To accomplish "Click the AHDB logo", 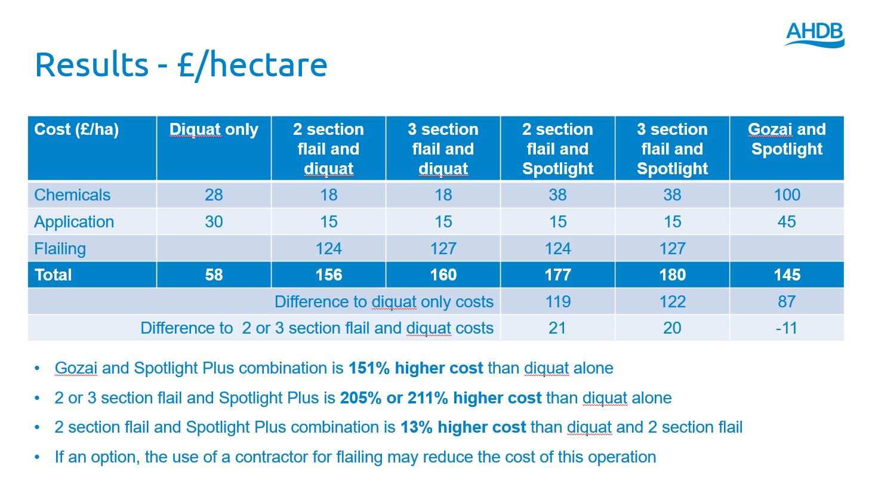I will (814, 34).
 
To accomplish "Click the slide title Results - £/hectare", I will (181, 65).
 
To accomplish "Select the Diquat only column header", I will (214, 130).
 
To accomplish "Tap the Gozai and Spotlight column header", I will (787, 139).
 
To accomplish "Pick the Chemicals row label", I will (72, 195).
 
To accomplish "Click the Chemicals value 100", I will (787, 195).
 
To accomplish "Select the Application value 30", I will (214, 222).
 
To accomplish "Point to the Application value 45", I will (787, 222).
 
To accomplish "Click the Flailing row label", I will (60, 248).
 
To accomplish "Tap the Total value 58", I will (214, 275).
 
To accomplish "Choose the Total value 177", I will (557, 275).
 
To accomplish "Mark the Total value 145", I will (787, 275).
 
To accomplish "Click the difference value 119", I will (557, 302).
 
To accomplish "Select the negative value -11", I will (787, 328).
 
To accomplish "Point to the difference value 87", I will (787, 302).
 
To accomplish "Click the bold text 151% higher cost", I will (415, 368).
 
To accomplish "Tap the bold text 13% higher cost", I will (463, 428).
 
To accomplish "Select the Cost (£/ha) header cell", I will (76, 130).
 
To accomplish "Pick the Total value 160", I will (443, 275).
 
